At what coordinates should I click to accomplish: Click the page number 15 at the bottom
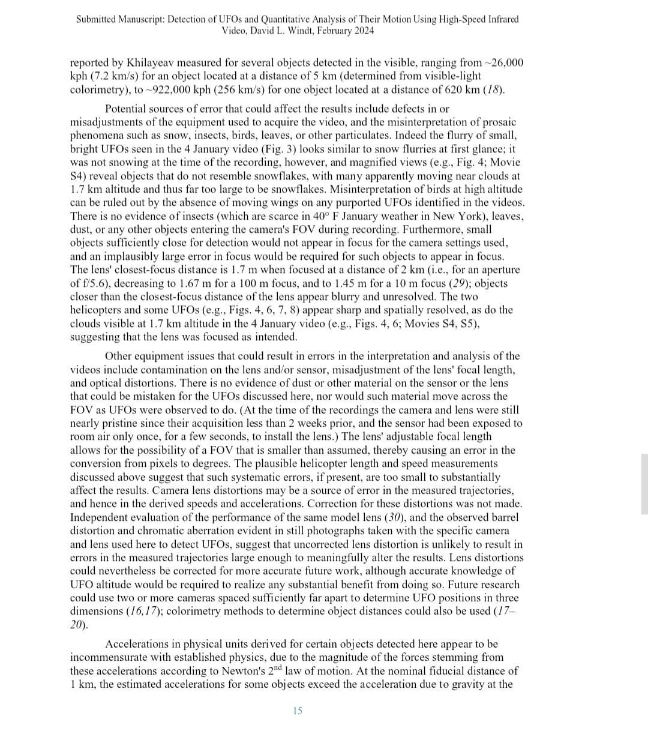click(x=298, y=711)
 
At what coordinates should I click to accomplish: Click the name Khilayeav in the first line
click(x=148, y=63)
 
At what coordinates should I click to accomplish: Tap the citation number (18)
click(x=494, y=90)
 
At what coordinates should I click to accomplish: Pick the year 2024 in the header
click(x=363, y=31)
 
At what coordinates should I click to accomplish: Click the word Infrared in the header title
click(x=500, y=19)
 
